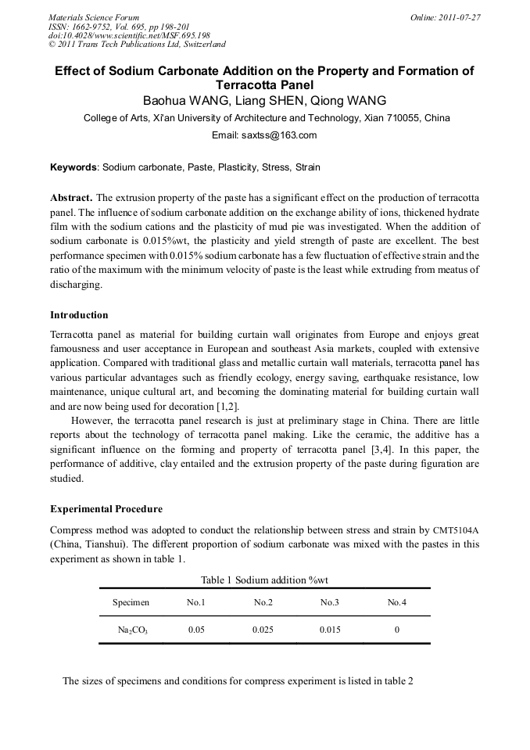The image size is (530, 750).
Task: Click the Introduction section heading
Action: (x=79, y=315)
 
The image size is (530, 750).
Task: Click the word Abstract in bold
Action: (x=71, y=197)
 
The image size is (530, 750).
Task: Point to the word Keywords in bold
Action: (x=73, y=167)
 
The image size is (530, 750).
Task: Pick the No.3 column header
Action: (x=330, y=602)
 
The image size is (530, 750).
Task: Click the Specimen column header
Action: (x=131, y=602)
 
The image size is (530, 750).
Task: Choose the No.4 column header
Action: (x=397, y=602)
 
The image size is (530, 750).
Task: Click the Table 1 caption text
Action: (x=264, y=580)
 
